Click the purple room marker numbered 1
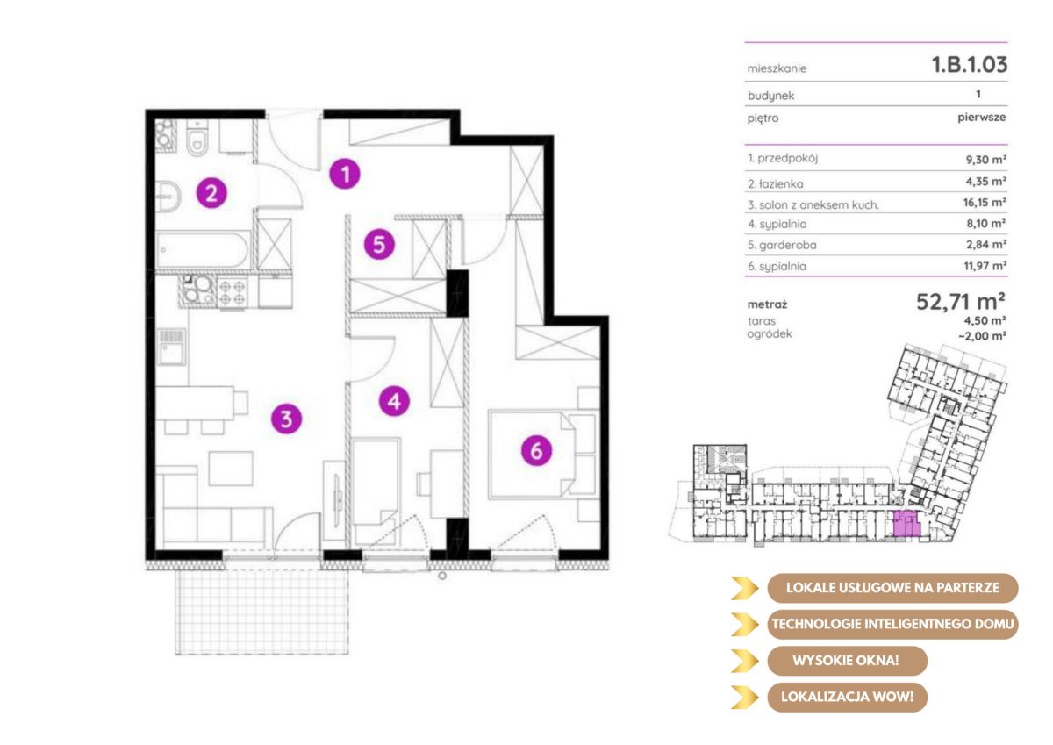tap(345, 174)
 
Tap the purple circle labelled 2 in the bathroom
tap(211, 193)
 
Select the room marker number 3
tap(286, 419)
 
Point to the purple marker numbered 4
tap(394, 401)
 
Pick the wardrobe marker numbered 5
tap(379, 244)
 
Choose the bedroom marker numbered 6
tap(536, 450)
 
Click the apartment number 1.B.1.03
tap(970, 64)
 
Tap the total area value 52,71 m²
tap(961, 301)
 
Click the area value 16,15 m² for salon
tap(985, 203)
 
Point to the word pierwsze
tap(982, 118)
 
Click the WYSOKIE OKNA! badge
tap(847, 661)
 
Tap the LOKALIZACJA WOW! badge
tap(847, 697)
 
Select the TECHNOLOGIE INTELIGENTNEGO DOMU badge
tap(892, 624)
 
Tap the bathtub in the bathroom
tap(203, 250)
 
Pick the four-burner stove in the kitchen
tap(232, 292)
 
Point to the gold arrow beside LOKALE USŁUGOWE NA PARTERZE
tap(745, 588)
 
